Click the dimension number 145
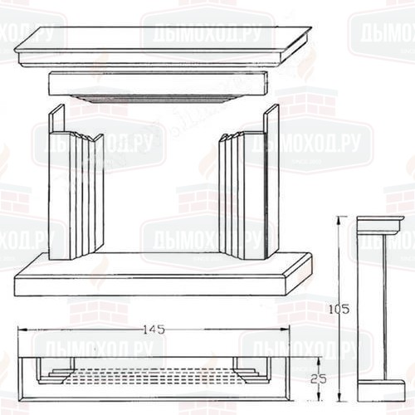154,330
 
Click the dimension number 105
344,309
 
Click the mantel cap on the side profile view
379,224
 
